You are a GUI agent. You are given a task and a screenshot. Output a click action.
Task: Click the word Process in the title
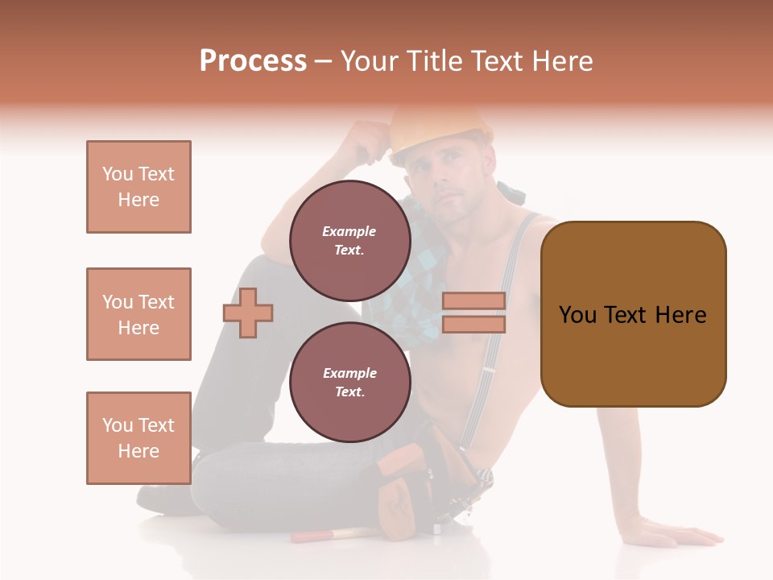click(253, 61)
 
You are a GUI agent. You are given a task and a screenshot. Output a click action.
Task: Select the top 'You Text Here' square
click(138, 187)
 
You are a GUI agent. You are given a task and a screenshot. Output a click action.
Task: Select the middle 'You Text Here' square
click(138, 314)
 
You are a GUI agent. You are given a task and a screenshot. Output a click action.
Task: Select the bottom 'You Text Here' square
click(138, 438)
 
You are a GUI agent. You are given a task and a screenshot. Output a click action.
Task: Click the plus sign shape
click(248, 313)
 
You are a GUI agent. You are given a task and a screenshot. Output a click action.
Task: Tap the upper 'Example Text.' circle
click(349, 241)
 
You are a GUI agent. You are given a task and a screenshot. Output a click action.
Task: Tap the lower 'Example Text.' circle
click(349, 383)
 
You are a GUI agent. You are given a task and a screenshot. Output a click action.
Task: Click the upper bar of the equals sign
click(473, 300)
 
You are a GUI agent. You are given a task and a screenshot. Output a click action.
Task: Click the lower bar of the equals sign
click(473, 324)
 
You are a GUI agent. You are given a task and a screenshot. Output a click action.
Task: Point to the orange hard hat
click(441, 126)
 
